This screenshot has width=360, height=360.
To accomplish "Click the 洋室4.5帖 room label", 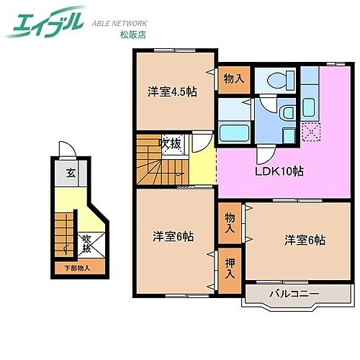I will [x=174, y=91].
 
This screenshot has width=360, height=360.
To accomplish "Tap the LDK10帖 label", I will [x=278, y=172].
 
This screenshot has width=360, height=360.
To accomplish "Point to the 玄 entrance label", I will [x=71, y=173].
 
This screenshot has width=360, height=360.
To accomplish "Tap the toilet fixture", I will [x=280, y=79].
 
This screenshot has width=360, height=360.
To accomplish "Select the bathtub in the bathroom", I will [x=233, y=133].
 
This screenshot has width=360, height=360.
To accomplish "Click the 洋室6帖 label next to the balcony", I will [x=304, y=240].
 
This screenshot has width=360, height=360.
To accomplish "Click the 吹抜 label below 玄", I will [x=86, y=243].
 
